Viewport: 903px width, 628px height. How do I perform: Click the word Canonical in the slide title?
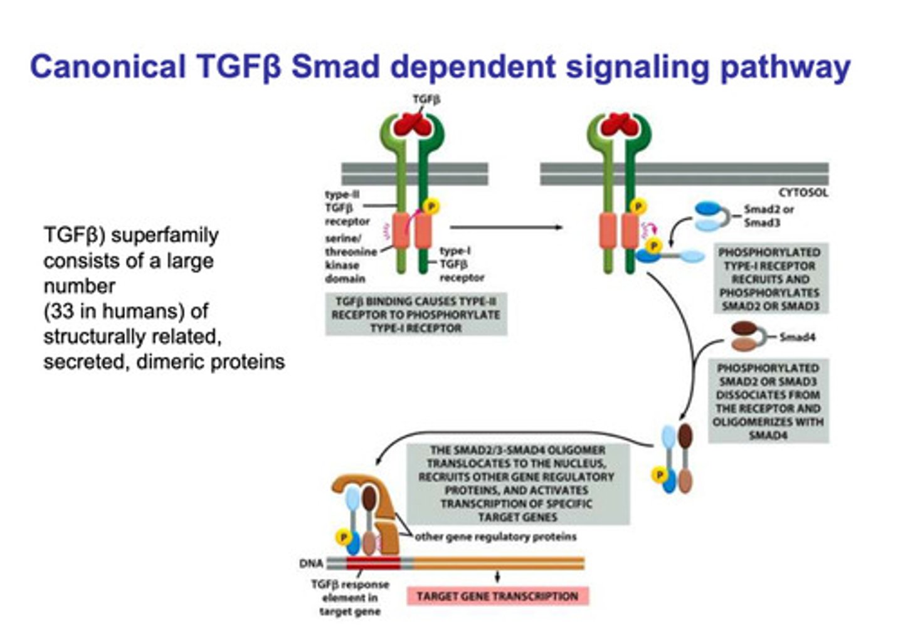click(x=108, y=67)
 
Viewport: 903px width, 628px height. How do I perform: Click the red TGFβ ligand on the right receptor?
click(x=619, y=125)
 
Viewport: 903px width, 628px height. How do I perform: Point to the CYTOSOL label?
click(x=803, y=192)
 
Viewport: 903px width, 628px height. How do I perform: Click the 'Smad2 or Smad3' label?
click(x=769, y=216)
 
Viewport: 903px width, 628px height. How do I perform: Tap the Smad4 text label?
click(x=797, y=337)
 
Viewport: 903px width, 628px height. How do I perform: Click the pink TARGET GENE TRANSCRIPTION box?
click(x=497, y=596)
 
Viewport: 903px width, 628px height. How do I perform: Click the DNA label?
click(x=311, y=563)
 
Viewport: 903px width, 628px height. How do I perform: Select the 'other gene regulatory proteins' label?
click(x=495, y=537)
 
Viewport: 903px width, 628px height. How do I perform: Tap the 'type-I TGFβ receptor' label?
click(x=462, y=264)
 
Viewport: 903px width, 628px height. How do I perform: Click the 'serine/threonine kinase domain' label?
click(x=350, y=258)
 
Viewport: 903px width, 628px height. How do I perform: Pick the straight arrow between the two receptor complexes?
click(x=505, y=228)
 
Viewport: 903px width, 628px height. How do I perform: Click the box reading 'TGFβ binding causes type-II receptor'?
click(x=416, y=315)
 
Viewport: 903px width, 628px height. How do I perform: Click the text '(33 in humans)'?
click(x=125, y=311)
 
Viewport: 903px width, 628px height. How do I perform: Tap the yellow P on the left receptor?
click(x=431, y=206)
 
